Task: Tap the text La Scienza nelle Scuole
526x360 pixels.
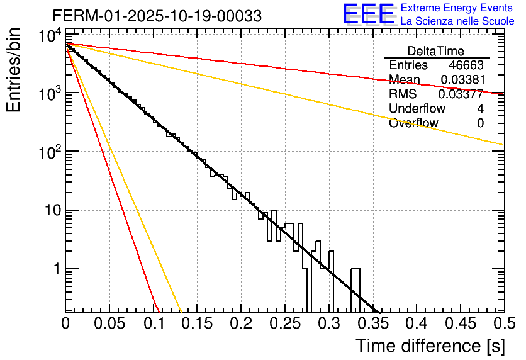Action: [x=457, y=21]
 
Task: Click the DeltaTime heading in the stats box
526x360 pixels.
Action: [x=436, y=51]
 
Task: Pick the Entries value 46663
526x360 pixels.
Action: [x=466, y=65]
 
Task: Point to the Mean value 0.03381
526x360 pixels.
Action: [x=462, y=79]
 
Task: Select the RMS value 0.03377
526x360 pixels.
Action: [x=462, y=94]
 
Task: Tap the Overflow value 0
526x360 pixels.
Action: [x=481, y=123]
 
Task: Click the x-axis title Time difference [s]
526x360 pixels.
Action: [x=429, y=346]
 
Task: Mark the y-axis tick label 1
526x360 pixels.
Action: [x=55, y=269]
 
